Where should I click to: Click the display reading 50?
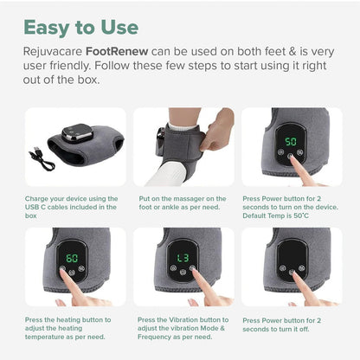pos(291,140)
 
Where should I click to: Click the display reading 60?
pos(72,258)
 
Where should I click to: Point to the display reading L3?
pos(183,258)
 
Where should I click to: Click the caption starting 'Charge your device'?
pos(71,206)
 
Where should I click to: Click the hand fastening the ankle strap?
pos(217,127)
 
